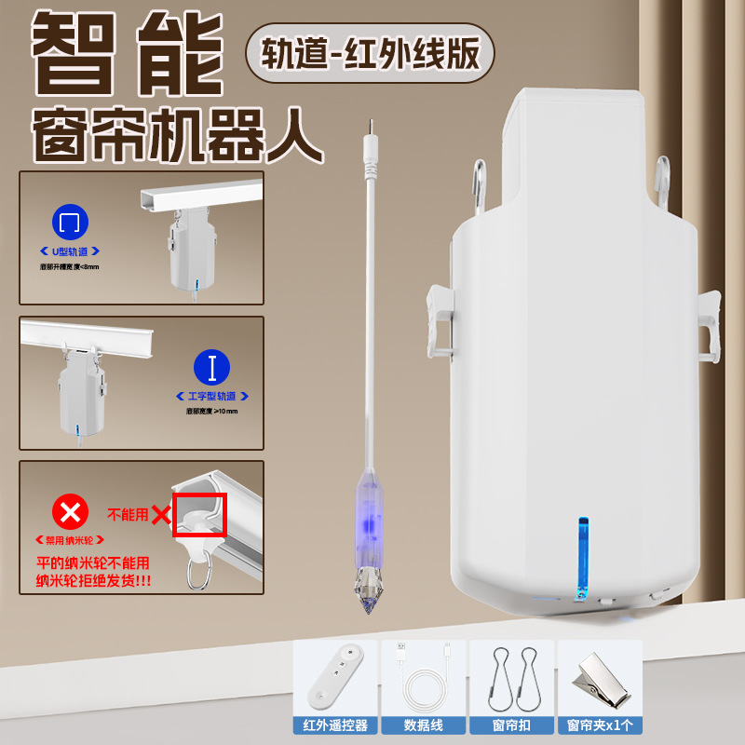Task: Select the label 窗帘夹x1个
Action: [x=598, y=725]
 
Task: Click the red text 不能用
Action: [x=128, y=514]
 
